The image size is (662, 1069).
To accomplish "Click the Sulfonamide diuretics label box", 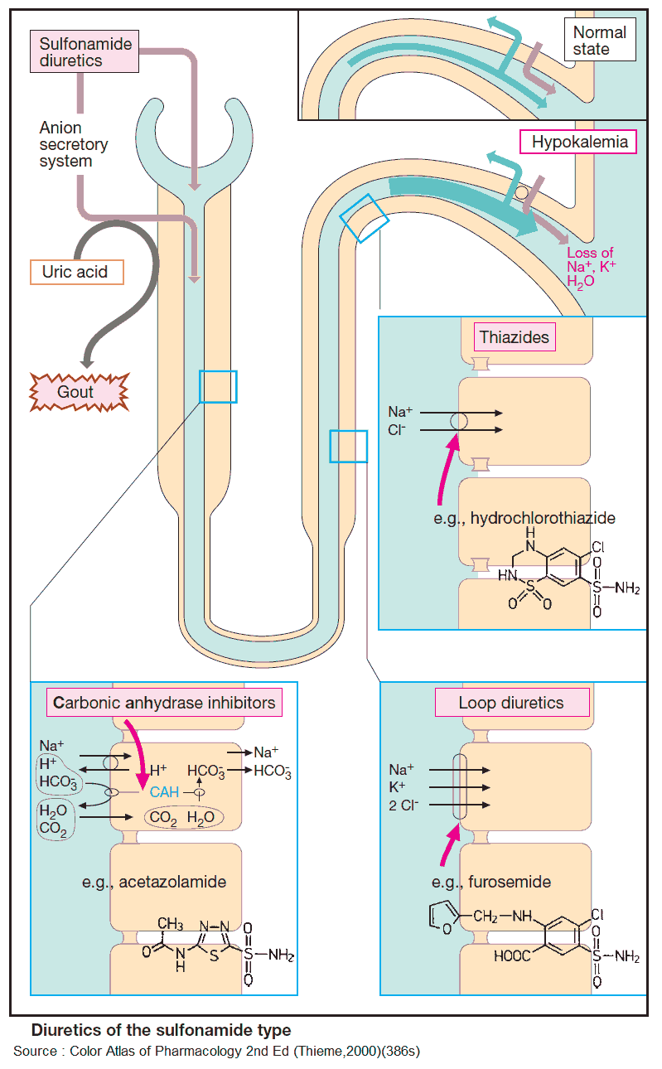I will pos(83,51).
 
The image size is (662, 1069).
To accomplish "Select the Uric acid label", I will pos(76,272).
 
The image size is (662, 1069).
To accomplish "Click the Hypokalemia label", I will pos(579,142).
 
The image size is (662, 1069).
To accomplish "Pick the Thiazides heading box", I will pos(515,338).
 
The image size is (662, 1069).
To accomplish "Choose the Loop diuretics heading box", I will pos(511,703).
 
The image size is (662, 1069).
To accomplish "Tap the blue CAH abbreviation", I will pos(164,791).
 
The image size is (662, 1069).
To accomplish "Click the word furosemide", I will pos(510,882).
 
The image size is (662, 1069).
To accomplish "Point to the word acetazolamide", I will pos(172,882).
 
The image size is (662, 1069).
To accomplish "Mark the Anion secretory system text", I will pos(73,145).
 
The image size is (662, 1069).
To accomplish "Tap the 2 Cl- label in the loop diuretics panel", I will pos(405,805).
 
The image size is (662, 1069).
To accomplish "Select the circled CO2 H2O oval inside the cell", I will pos(183,817).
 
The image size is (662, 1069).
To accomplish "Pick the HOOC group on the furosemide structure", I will pos(516,956).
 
